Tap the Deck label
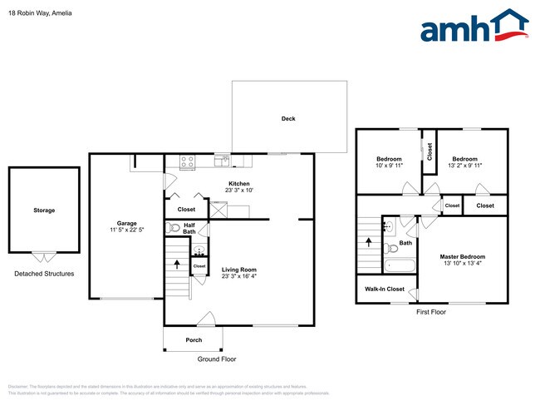click(288, 119)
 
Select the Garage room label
click(126, 223)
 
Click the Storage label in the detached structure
click(44, 210)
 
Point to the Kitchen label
click(239, 184)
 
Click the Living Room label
click(238, 270)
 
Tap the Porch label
click(194, 340)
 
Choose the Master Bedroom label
click(462, 257)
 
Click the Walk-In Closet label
click(385, 290)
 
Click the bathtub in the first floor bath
click(400, 266)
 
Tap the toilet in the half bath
click(174, 227)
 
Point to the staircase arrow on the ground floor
click(177, 265)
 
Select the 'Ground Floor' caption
click(220, 359)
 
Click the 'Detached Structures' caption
click(44, 274)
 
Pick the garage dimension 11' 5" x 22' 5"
click(126, 230)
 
